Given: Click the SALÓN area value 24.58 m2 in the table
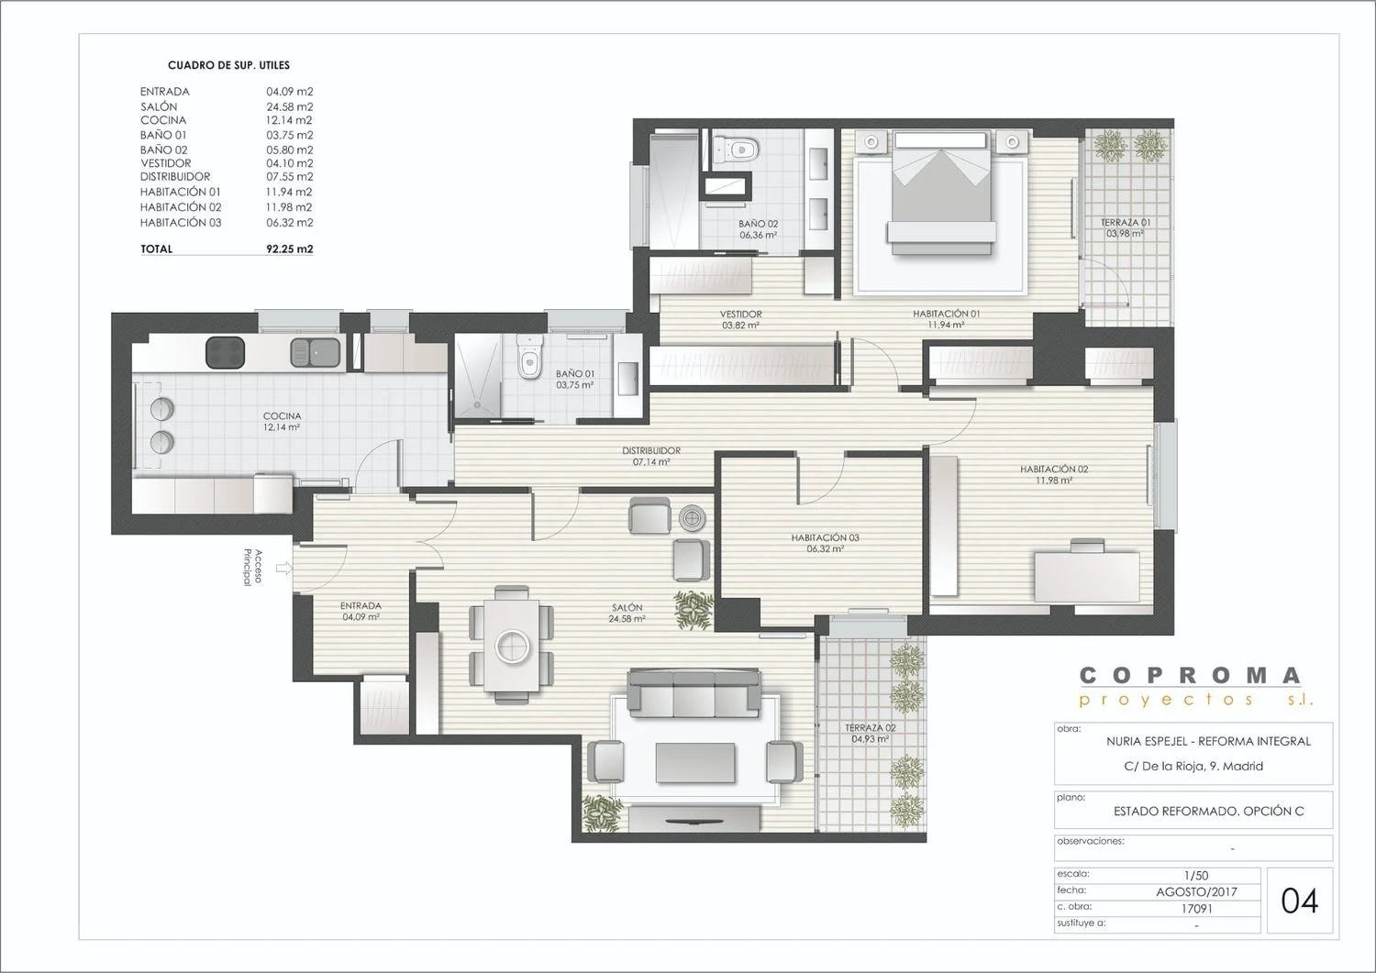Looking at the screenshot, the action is click(289, 106).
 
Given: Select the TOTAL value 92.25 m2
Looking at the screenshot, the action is click(289, 249).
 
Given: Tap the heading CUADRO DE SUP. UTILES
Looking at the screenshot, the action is click(228, 65).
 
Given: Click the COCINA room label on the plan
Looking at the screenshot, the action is click(282, 415).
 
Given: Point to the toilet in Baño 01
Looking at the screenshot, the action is click(528, 358).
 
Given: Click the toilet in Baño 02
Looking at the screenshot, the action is click(738, 148).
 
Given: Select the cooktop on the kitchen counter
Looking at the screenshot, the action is click(225, 352).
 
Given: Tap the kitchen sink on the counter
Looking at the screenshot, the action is click(316, 352).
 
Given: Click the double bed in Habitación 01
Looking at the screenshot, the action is click(942, 193).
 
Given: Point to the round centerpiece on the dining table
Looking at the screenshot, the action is click(512, 647).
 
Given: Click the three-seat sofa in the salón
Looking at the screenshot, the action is click(694, 693).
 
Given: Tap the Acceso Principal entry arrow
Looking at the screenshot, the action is click(283, 568).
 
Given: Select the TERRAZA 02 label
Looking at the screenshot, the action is click(871, 728).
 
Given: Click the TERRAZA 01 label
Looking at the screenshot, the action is click(1126, 222).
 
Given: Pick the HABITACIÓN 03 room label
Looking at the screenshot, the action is click(825, 537).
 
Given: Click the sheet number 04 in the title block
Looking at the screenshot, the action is click(1300, 901).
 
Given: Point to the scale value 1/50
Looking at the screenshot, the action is click(1196, 875).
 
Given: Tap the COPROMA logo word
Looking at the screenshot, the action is click(1191, 676).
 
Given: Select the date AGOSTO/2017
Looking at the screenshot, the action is click(1196, 892).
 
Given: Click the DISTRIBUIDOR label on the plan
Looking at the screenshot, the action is click(651, 450).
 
